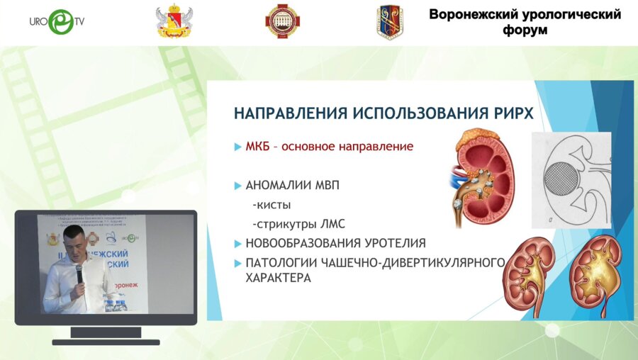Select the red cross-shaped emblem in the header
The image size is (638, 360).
pos(281,22)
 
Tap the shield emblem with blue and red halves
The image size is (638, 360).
pos(391,22)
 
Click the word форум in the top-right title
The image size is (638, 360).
pos(525,30)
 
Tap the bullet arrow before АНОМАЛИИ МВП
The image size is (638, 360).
pos(237,186)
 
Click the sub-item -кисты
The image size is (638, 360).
pos(271,206)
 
